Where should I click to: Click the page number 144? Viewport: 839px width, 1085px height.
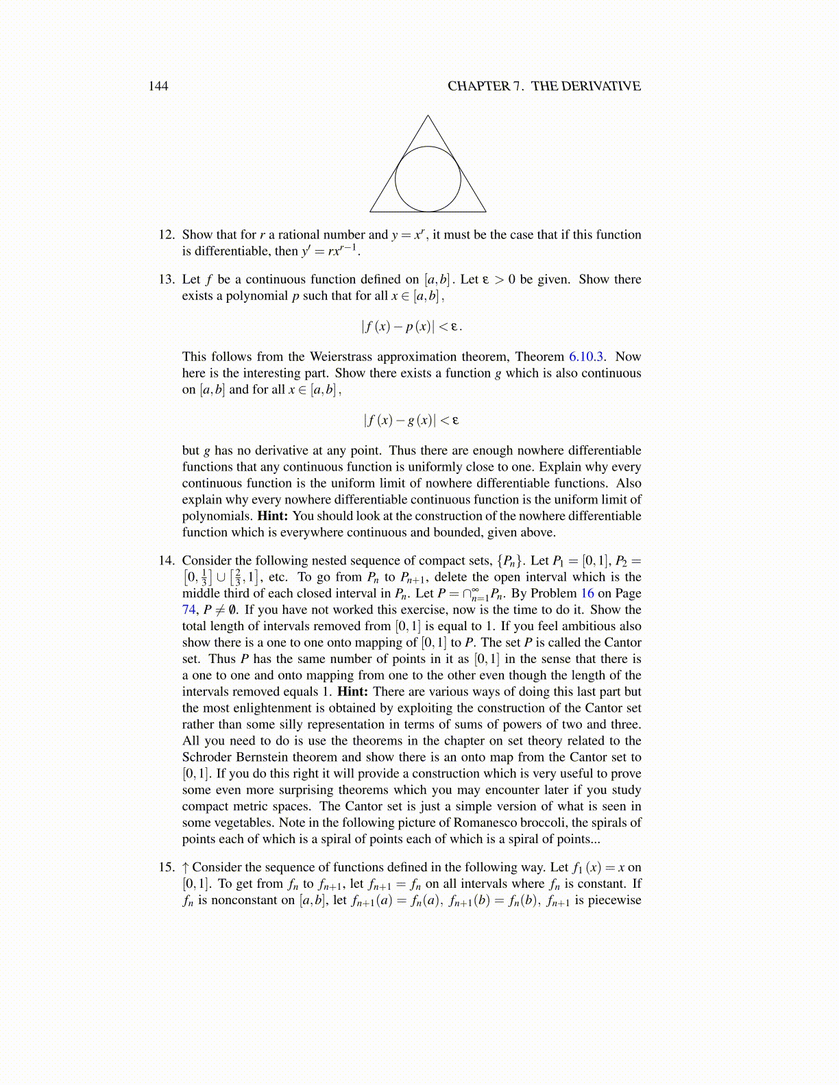(x=158, y=86)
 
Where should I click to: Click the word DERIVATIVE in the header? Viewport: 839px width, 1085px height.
(x=600, y=86)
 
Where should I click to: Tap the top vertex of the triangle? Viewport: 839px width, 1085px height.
(x=428, y=116)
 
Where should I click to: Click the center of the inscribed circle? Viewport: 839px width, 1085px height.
(x=428, y=179)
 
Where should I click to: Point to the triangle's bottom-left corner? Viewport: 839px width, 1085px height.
(x=371, y=211)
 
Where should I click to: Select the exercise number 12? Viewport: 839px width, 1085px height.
(x=167, y=235)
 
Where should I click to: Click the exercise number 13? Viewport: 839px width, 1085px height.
(x=167, y=279)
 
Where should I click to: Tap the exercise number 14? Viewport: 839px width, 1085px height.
(x=167, y=561)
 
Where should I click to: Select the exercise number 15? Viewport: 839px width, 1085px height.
(x=167, y=867)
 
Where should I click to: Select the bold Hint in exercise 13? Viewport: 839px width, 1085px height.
(x=273, y=516)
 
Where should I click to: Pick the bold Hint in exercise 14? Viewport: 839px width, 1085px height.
(x=352, y=692)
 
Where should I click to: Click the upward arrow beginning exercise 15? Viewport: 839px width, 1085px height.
(x=186, y=867)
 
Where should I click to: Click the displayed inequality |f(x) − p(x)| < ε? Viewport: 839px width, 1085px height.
(x=411, y=327)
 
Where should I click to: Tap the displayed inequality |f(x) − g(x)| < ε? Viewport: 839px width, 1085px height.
(x=411, y=421)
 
